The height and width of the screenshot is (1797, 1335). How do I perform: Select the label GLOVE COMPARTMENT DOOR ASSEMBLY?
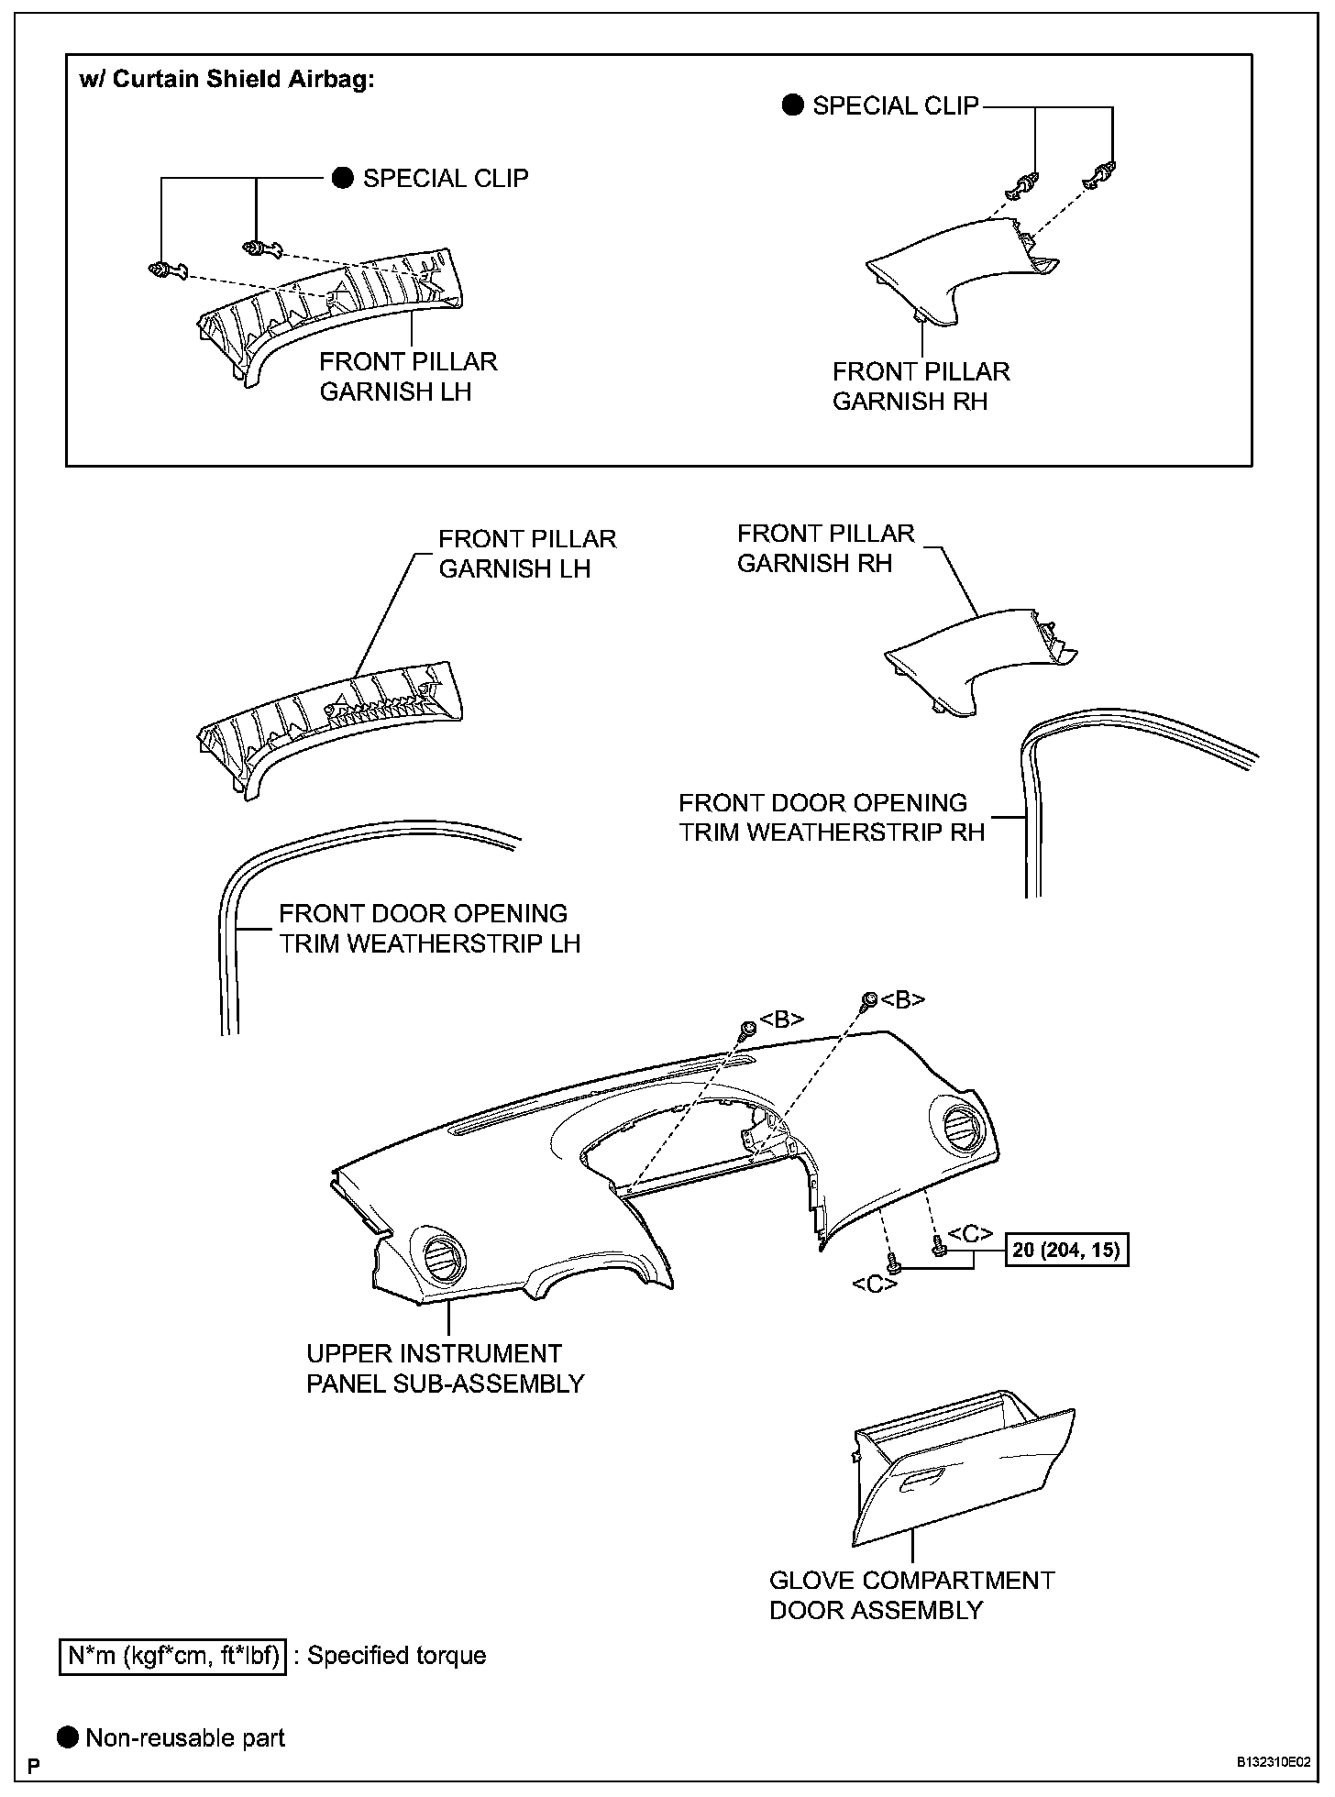point(911,1594)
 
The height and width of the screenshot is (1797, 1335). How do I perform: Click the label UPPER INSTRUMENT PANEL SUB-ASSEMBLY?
point(445,1368)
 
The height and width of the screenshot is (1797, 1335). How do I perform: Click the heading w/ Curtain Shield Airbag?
point(227,80)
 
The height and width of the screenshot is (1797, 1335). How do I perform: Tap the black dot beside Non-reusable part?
point(69,1737)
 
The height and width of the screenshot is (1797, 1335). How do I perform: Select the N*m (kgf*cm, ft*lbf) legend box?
point(172,1656)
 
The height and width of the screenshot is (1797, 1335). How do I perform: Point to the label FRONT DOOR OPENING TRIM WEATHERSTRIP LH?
point(429,928)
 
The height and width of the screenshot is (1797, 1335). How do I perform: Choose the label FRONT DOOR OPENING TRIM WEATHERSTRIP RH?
point(831,817)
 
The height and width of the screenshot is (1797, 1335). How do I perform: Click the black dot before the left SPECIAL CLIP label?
point(342,178)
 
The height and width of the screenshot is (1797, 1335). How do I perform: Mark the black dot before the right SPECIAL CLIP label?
point(792,105)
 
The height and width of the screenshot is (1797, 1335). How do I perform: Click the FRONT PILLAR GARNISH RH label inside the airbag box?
point(921,386)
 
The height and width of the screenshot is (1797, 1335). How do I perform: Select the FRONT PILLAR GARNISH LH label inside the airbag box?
point(408,376)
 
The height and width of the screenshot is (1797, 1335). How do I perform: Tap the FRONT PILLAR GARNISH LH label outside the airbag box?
point(527,554)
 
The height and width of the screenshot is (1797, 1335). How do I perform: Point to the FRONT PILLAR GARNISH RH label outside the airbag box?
point(825,548)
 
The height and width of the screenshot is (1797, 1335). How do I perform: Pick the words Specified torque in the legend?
point(396,1656)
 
